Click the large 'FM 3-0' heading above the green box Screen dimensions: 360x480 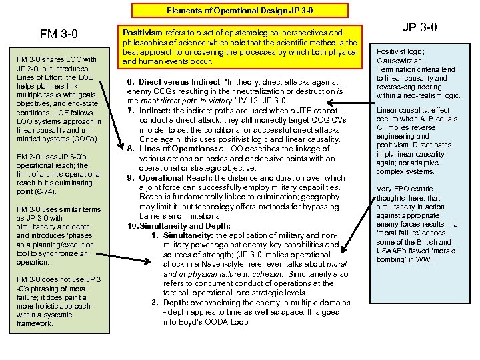[59, 33]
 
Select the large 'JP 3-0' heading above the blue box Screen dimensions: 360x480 [420, 27]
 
